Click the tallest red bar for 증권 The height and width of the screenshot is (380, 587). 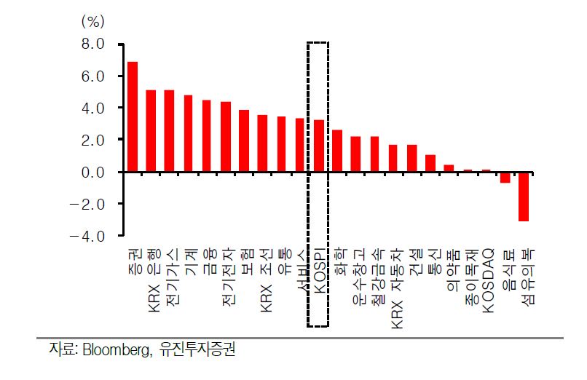[133, 116]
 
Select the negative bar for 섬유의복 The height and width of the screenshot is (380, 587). [523, 196]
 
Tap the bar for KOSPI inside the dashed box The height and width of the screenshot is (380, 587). [318, 146]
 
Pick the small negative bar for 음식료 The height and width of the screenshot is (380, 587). [505, 177]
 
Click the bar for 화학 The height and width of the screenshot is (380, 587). [337, 151]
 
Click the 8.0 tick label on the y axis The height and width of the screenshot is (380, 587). [92, 44]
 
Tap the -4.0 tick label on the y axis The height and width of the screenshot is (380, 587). [89, 236]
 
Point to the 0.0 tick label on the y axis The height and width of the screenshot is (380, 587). [92, 172]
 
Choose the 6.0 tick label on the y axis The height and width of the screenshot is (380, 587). [92, 76]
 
